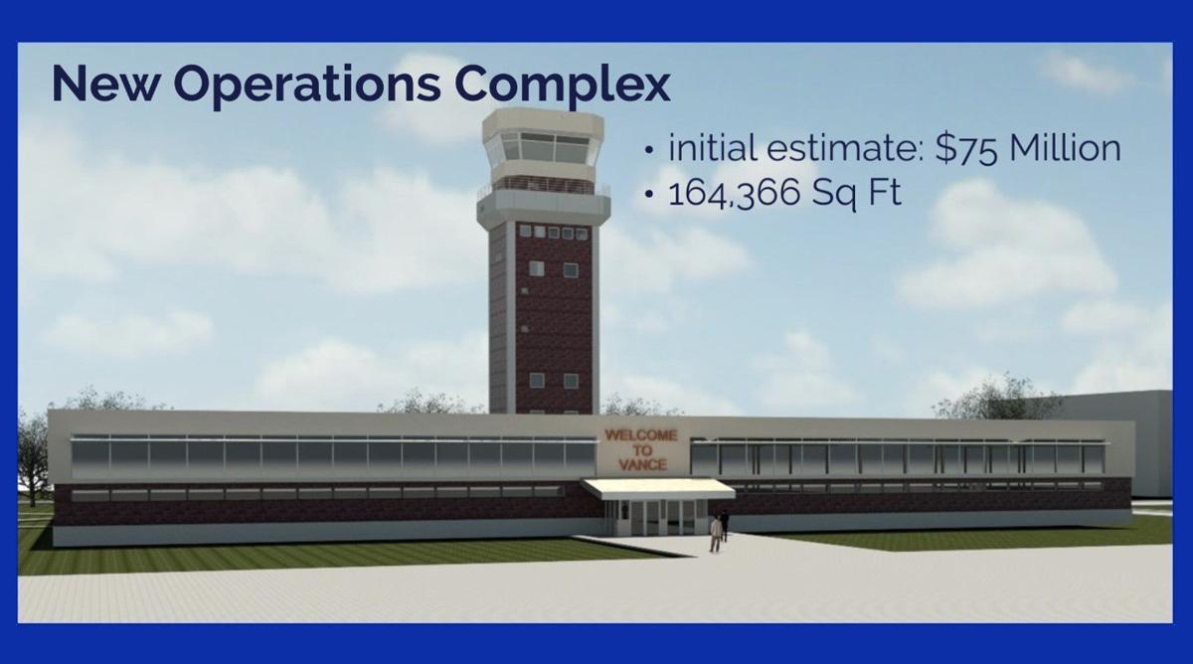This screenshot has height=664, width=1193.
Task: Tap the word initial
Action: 714,149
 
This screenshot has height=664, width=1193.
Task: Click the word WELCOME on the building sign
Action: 641,434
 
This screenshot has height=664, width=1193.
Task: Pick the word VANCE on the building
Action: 641,465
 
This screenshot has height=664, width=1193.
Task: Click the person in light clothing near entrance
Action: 715,533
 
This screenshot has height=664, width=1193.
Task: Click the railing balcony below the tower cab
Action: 543,185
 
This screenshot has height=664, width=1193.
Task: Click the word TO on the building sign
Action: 641,450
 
